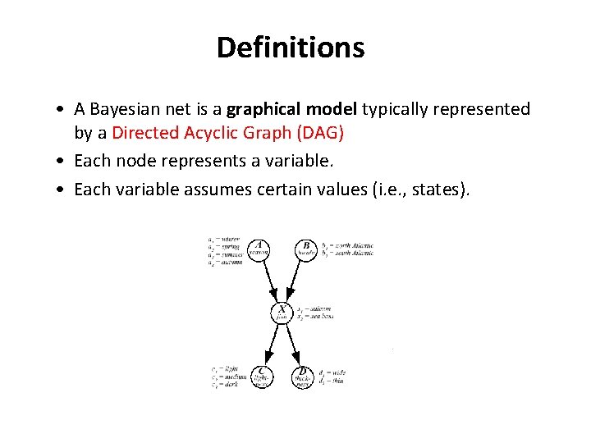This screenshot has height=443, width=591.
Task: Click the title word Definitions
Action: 291,48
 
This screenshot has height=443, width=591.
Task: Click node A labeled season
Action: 259,249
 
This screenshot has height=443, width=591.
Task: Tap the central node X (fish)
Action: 282,313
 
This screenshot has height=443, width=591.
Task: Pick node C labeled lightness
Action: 260,377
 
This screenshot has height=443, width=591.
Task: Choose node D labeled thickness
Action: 303,377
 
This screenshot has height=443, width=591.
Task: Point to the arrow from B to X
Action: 295,281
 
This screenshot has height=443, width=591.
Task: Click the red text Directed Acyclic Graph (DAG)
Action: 227,131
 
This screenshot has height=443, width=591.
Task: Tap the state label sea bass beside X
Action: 319,316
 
